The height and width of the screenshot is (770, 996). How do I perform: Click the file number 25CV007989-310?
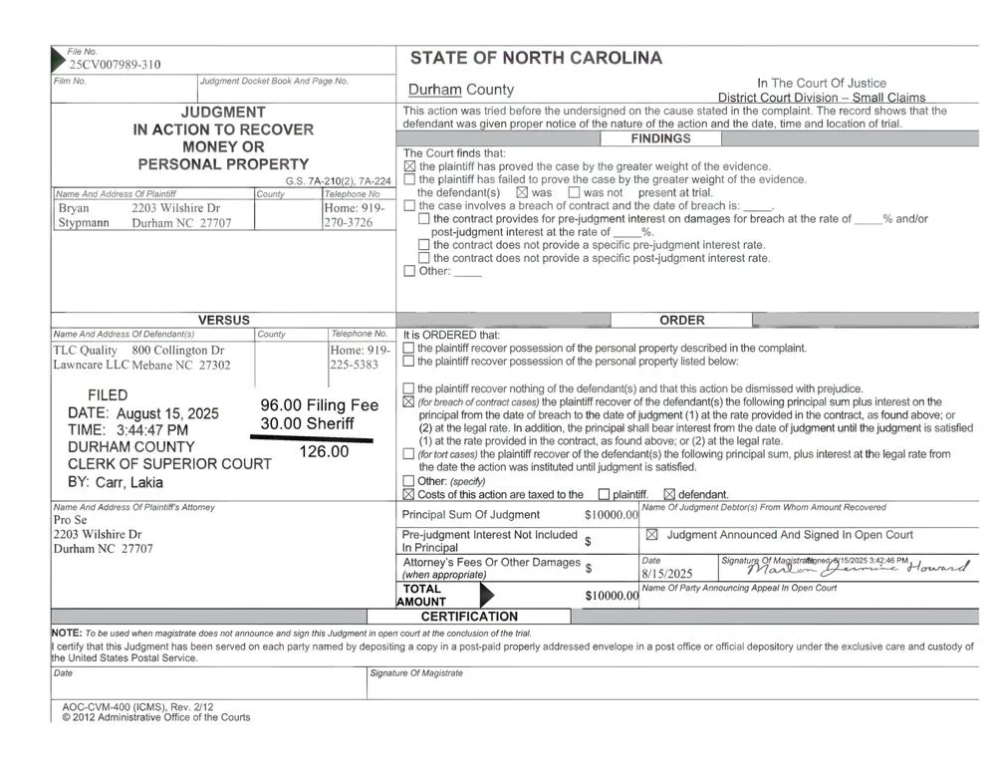[115, 65]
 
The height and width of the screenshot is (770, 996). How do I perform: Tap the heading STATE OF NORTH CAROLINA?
[536, 58]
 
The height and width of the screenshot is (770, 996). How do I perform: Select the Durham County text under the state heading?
[461, 90]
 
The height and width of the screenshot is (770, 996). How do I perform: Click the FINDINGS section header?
[660, 139]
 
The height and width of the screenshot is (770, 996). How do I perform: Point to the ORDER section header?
[682, 320]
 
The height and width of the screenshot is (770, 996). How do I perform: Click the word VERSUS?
[224, 320]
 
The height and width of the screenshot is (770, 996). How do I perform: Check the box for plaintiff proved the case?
[409, 166]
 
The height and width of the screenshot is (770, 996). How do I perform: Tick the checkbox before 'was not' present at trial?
[574, 192]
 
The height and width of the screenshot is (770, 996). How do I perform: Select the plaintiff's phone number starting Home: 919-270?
[355, 216]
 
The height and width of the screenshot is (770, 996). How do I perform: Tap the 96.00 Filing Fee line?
[320, 405]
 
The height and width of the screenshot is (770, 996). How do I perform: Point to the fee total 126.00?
[325, 451]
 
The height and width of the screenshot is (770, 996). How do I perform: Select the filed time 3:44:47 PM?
[152, 429]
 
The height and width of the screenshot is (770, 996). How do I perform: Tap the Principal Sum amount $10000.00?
[611, 515]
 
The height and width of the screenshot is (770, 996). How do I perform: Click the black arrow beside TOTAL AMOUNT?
[486, 596]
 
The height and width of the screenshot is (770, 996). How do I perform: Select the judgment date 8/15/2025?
[667, 575]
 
